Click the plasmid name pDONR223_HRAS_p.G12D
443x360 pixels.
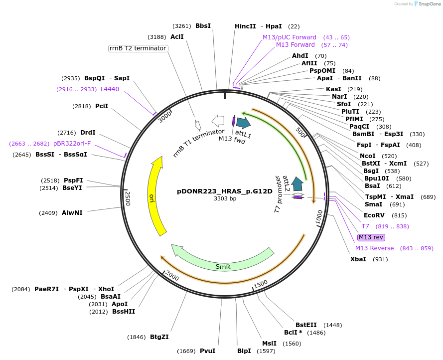coord(225,191)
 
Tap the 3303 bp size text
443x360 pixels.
coord(225,199)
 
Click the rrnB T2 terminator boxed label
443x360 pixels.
coord(138,48)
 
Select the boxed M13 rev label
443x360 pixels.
coord(371,237)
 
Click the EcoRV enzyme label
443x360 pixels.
coord(374,215)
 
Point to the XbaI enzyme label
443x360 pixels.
coord(358,259)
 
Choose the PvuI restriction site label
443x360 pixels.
coord(207,351)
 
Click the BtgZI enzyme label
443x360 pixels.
coord(159,337)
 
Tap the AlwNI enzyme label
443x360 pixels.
coord(72,213)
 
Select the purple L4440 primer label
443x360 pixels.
coord(110,89)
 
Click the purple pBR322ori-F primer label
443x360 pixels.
coord(72,144)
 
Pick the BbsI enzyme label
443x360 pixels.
coord(203,26)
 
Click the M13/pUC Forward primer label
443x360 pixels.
coord(290,37)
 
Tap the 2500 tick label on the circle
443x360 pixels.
coord(128,198)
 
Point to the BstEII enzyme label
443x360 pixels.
coord(305,325)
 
